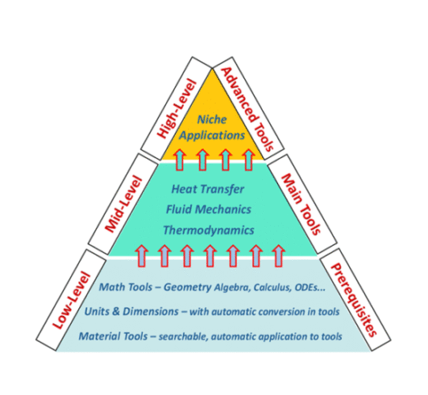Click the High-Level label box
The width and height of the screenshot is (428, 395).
176,108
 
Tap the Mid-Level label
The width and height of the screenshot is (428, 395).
123,204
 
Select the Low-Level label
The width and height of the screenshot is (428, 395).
71,300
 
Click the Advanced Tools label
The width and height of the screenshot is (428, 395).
249,108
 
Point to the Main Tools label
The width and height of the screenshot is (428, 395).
302,204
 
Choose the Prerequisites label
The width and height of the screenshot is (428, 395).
355,299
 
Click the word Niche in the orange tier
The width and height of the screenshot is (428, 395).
212,119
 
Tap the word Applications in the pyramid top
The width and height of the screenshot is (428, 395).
212,135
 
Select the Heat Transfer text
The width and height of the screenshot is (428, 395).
208,189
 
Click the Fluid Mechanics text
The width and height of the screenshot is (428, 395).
208,209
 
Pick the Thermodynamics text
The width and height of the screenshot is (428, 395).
208,230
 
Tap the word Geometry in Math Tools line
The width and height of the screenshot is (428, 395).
187,288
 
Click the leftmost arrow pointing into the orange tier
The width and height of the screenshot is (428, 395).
179,160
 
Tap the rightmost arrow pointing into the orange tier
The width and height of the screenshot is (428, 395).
249,160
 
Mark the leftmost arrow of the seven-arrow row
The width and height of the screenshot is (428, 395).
142,256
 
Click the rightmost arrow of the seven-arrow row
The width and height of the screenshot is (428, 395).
279,256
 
